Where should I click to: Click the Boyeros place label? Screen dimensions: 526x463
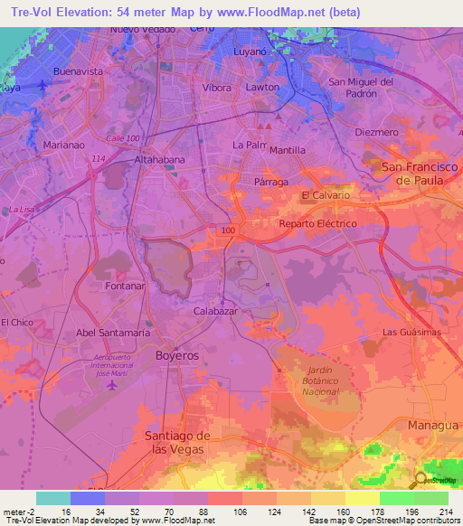tap(176, 356)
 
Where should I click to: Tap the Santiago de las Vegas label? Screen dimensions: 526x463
tap(178, 443)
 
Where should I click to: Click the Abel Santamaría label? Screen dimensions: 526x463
tap(113, 333)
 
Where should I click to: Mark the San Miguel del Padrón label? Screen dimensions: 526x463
tap(360, 88)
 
